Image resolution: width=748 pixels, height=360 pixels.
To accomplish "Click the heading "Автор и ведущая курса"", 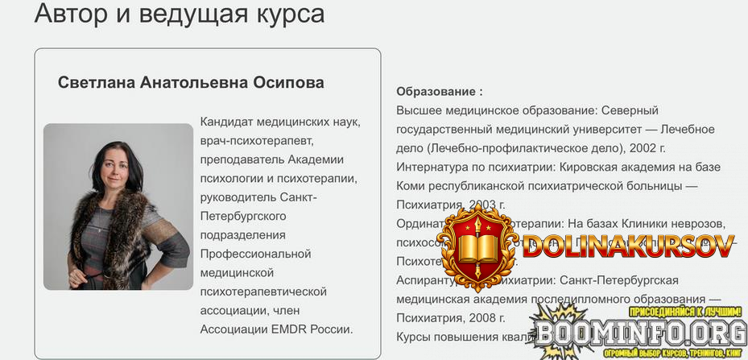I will (x=180, y=14).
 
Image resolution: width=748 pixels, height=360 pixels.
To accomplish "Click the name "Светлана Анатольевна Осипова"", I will (x=191, y=83).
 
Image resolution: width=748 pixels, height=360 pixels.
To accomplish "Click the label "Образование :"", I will (x=440, y=92).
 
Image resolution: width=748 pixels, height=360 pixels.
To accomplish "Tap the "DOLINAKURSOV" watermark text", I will (x=628, y=246).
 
